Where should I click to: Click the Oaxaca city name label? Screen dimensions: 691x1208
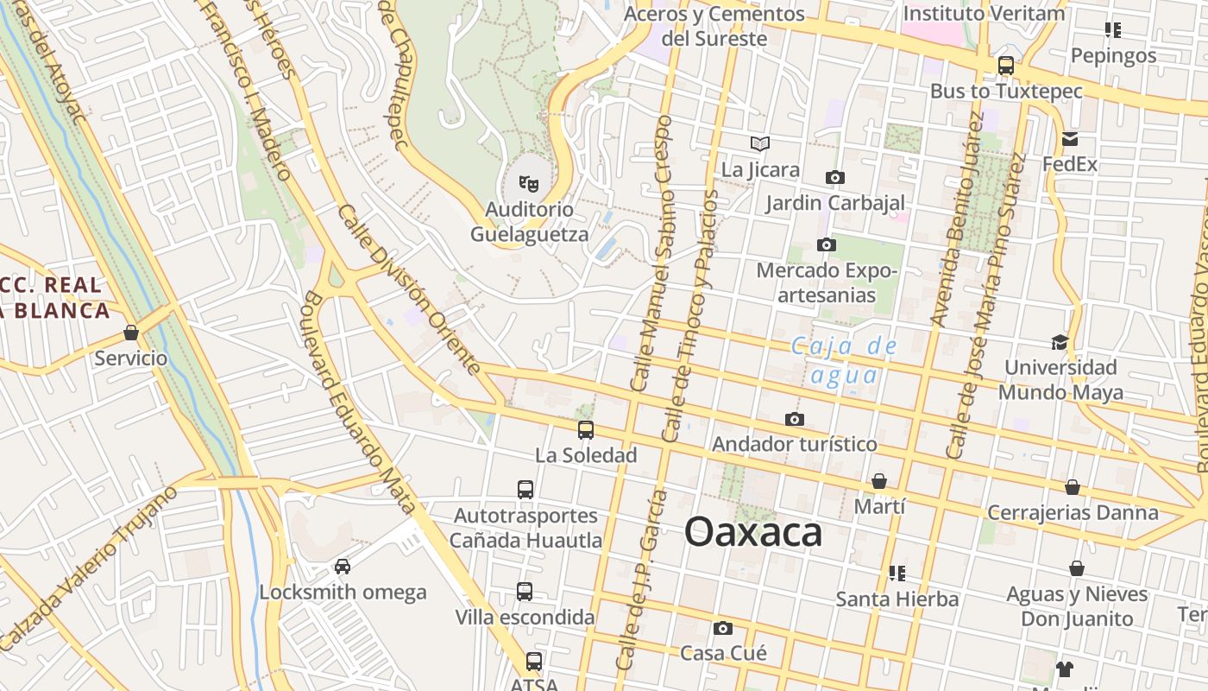(x=752, y=533)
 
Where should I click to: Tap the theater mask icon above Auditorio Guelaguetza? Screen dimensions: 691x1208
(x=528, y=183)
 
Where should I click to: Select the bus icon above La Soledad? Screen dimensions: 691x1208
(x=586, y=429)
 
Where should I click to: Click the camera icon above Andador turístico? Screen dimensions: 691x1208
(x=795, y=420)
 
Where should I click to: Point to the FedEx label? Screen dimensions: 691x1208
(x=1070, y=164)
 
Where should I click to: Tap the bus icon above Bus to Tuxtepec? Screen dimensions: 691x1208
(x=1006, y=66)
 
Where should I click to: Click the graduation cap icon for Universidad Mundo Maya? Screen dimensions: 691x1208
(x=1060, y=343)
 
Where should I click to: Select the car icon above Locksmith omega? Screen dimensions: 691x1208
(x=343, y=567)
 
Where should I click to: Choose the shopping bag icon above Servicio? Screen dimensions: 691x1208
(x=131, y=333)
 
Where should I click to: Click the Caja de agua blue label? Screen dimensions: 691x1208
(x=845, y=361)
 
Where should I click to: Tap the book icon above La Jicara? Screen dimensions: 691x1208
(x=760, y=143)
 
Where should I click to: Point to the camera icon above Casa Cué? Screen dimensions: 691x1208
(x=723, y=628)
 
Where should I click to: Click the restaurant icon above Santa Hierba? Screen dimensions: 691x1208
(x=897, y=574)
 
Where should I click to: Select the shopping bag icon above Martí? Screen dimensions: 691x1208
(x=879, y=481)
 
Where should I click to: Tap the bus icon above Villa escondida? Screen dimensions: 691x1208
(x=525, y=592)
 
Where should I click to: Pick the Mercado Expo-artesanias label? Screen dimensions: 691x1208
(x=827, y=283)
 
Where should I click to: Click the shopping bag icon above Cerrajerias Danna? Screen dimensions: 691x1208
(x=1073, y=487)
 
